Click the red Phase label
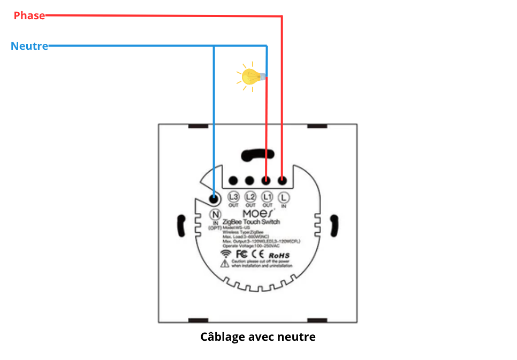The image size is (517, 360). coord(29,16)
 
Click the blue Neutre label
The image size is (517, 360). coord(29,46)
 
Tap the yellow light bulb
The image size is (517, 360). coord(250,76)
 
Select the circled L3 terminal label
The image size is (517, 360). coord(233,196)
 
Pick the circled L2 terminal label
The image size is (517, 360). coord(250,196)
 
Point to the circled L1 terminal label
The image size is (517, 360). coord(267,196)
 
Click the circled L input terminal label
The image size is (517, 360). coord(284,196)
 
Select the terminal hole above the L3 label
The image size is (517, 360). coord(233,181)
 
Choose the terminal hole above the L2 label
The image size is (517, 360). coord(250,181)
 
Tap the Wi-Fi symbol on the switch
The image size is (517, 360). coord(227,253)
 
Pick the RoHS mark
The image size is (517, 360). coord(279,256)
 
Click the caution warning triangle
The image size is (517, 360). coord(224,264)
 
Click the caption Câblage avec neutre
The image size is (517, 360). coord(258,337)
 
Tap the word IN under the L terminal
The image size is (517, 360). coord(284,205)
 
